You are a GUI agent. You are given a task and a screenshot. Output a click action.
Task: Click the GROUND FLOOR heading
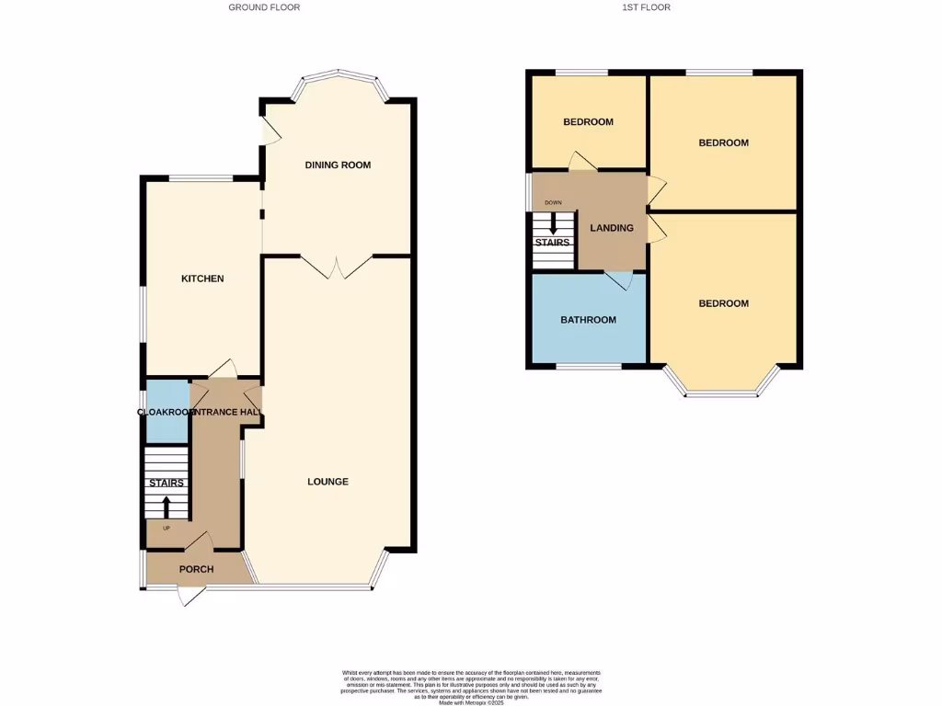point(264,7)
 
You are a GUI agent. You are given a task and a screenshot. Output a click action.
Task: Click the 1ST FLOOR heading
point(646,7)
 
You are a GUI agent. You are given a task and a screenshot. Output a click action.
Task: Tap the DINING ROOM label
point(338,165)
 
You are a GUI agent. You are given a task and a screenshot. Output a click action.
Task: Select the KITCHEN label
point(202,279)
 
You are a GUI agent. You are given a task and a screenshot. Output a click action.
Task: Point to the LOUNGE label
point(327,482)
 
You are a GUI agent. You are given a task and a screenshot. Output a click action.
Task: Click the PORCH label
point(196,570)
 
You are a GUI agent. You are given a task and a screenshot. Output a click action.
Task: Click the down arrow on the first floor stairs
point(553,223)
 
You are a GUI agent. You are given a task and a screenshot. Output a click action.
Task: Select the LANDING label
point(612,228)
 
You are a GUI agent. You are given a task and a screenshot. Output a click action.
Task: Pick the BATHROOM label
point(588,320)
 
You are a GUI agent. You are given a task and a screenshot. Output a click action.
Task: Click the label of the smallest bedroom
point(588,122)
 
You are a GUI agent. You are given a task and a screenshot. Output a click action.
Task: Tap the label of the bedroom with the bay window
point(723,303)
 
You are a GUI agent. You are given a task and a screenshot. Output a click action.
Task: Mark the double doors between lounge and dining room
point(337,267)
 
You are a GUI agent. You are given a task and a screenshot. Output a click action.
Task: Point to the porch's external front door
point(190,596)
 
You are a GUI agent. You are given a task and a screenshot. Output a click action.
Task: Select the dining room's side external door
point(269,131)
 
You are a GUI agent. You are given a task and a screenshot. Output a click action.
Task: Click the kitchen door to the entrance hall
point(223,370)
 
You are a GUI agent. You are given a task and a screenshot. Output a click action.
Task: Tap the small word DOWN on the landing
point(553,202)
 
